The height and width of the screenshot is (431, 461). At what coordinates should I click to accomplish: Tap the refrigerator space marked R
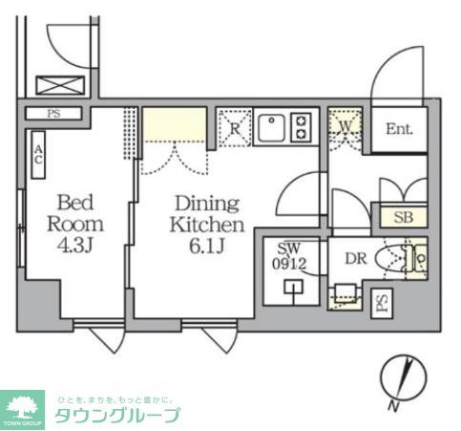click(x=234, y=127)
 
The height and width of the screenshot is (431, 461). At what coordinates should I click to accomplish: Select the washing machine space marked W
click(x=344, y=127)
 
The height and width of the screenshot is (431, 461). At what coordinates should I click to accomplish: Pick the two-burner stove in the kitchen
click(x=301, y=127)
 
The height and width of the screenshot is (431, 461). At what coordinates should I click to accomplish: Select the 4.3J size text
click(x=73, y=247)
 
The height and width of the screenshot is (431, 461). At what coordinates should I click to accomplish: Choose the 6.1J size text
click(x=207, y=248)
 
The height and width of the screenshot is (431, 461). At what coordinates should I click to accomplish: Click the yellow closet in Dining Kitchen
click(x=175, y=125)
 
